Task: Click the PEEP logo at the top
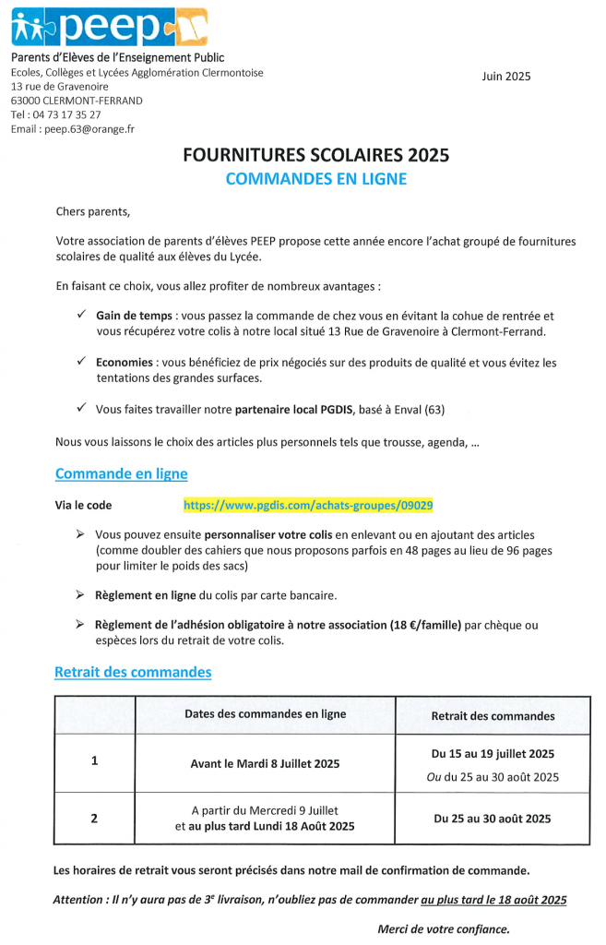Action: (x=109, y=28)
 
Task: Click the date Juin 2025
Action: (x=505, y=77)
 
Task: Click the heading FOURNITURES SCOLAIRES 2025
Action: (x=316, y=155)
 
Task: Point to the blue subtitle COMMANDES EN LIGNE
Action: (x=316, y=179)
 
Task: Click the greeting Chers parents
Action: (x=93, y=211)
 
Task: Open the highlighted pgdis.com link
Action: (x=308, y=505)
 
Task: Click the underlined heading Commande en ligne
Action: (x=121, y=474)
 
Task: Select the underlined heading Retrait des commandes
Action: (x=133, y=672)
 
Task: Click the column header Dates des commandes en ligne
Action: (x=266, y=714)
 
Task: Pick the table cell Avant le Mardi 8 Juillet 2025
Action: (x=266, y=763)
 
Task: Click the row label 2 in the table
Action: (x=94, y=818)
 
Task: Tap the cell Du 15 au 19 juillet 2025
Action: (x=493, y=754)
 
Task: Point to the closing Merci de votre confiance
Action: (x=444, y=928)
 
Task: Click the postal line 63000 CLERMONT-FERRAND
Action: (x=77, y=100)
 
